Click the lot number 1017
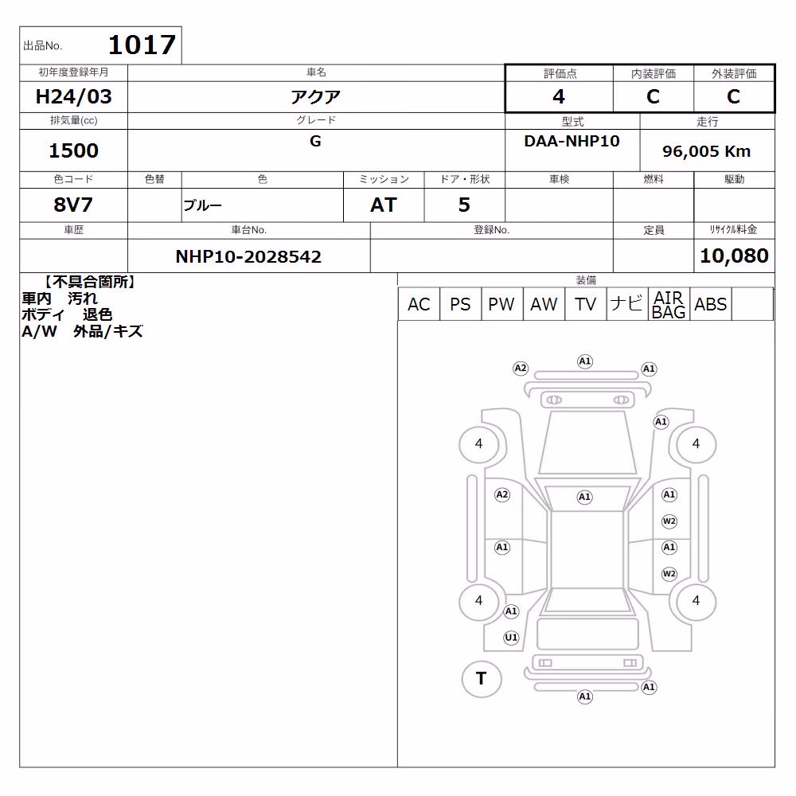(142, 45)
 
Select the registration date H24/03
(73, 96)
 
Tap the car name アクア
(315, 96)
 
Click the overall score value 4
(559, 96)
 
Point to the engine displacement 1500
(73, 150)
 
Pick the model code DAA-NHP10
(572, 141)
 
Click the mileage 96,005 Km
(707, 151)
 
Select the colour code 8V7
(73, 205)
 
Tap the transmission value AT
(384, 205)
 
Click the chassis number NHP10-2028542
(248, 256)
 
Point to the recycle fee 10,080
(734, 256)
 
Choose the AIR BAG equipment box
(669, 304)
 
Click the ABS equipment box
(711, 304)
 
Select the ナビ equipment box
(627, 304)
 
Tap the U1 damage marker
(511, 638)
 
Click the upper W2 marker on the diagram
(669, 521)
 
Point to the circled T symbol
(482, 679)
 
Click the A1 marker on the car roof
(584, 497)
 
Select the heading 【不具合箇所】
(89, 283)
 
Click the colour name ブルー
(202, 205)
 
